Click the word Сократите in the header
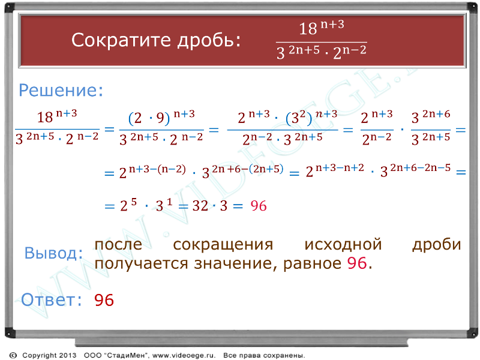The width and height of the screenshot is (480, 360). pyautogui.click(x=121, y=40)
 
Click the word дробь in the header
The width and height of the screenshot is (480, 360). pyautogui.click(x=209, y=40)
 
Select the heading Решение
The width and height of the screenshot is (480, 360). pyautogui.click(x=61, y=91)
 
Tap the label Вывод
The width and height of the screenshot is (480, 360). pyautogui.click(x=53, y=253)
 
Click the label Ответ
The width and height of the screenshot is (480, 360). pyautogui.click(x=51, y=299)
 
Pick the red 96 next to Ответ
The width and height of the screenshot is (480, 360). pyautogui.click(x=104, y=300)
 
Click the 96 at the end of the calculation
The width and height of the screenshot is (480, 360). pyautogui.click(x=259, y=206)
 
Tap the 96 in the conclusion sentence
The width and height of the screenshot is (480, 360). pyautogui.click(x=357, y=263)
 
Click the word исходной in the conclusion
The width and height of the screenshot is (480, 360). pyautogui.click(x=343, y=245)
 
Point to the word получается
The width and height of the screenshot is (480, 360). pyautogui.click(x=141, y=264)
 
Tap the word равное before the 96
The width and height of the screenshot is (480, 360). pyautogui.click(x=312, y=264)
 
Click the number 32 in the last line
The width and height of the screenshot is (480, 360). pyautogui.click(x=200, y=206)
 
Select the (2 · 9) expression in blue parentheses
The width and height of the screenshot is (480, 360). pyautogui.click(x=149, y=118)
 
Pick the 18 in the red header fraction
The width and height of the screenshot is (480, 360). pyautogui.click(x=308, y=29)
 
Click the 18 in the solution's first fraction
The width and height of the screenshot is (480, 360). pyautogui.click(x=45, y=117)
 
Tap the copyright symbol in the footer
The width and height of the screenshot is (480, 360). pyautogui.click(x=13, y=355)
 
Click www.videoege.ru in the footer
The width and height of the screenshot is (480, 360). pyautogui.click(x=184, y=355)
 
